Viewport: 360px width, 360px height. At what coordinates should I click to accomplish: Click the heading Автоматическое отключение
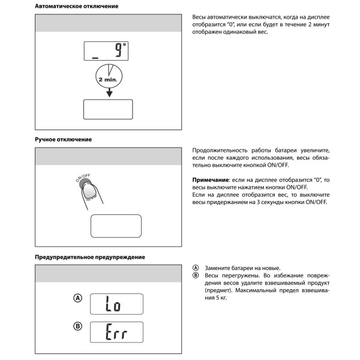76,6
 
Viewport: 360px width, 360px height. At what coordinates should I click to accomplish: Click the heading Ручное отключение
64,139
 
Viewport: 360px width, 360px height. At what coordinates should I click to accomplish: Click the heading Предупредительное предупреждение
90,257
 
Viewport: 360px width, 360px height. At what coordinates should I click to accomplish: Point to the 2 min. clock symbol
109,76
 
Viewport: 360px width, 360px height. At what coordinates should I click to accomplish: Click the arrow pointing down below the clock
109,94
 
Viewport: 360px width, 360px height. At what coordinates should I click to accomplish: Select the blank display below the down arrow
108,109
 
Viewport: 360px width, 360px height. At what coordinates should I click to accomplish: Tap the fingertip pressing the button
90,191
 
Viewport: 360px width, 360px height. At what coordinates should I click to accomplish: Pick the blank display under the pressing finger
116,225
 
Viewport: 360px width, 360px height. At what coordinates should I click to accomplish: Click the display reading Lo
116,304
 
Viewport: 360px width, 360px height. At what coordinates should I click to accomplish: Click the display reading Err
116,332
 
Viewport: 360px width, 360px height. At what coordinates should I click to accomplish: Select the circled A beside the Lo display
77,298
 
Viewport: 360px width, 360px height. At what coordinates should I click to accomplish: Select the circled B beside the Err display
77,326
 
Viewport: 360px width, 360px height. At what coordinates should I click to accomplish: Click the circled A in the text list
196,268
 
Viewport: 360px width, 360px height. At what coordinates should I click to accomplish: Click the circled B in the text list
196,275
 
